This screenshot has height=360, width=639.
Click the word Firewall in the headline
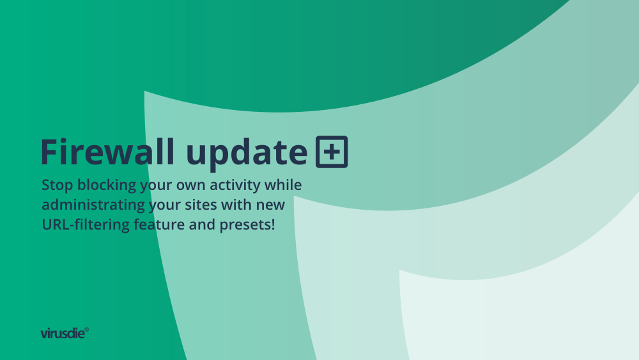click(107, 152)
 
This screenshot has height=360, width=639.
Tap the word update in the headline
click(247, 153)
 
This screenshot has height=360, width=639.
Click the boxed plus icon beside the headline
click(332, 152)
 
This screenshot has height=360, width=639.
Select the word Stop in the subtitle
click(58, 185)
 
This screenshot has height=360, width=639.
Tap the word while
click(283, 185)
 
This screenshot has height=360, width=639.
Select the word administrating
click(93, 205)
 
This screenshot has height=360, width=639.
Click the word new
click(270, 205)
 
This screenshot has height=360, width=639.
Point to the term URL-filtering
click(86, 224)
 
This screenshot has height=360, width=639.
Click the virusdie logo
click(65, 333)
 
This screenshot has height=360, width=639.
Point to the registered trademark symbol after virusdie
click(86, 329)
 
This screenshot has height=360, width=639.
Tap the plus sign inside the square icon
click(332, 152)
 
